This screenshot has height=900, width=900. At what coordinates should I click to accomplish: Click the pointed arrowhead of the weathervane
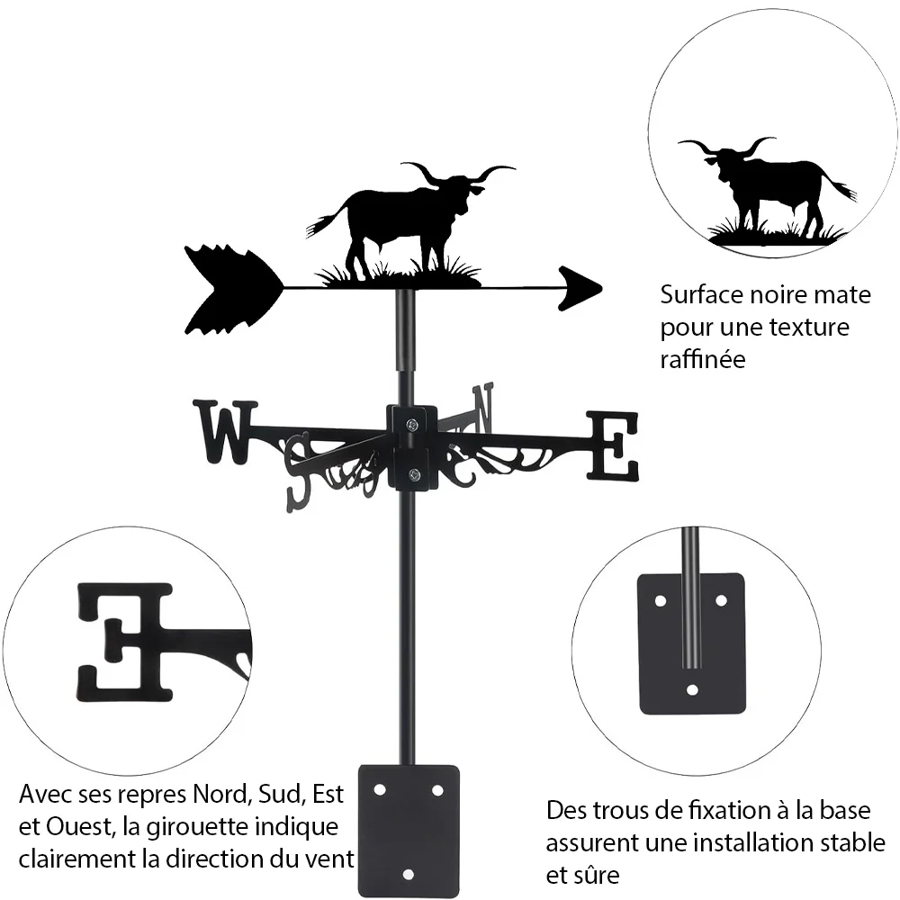(x=579, y=289)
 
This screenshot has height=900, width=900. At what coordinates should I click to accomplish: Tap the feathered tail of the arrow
(x=232, y=289)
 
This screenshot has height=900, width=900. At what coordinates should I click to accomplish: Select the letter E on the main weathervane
(x=612, y=446)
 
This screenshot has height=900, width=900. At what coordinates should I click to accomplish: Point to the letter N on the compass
(x=482, y=409)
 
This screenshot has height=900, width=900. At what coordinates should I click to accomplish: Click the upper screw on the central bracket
(x=412, y=426)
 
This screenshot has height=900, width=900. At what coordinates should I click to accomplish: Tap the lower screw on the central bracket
(x=412, y=474)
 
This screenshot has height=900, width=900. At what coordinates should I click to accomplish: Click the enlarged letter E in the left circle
(x=125, y=642)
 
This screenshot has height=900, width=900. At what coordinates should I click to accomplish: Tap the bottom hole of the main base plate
(x=408, y=875)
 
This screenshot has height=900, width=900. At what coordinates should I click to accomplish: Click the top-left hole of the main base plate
(x=380, y=790)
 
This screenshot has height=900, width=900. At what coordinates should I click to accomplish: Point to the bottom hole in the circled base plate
(x=692, y=689)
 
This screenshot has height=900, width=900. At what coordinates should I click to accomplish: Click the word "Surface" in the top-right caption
(x=700, y=295)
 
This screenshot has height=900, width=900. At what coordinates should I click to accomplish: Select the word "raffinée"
(x=703, y=359)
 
